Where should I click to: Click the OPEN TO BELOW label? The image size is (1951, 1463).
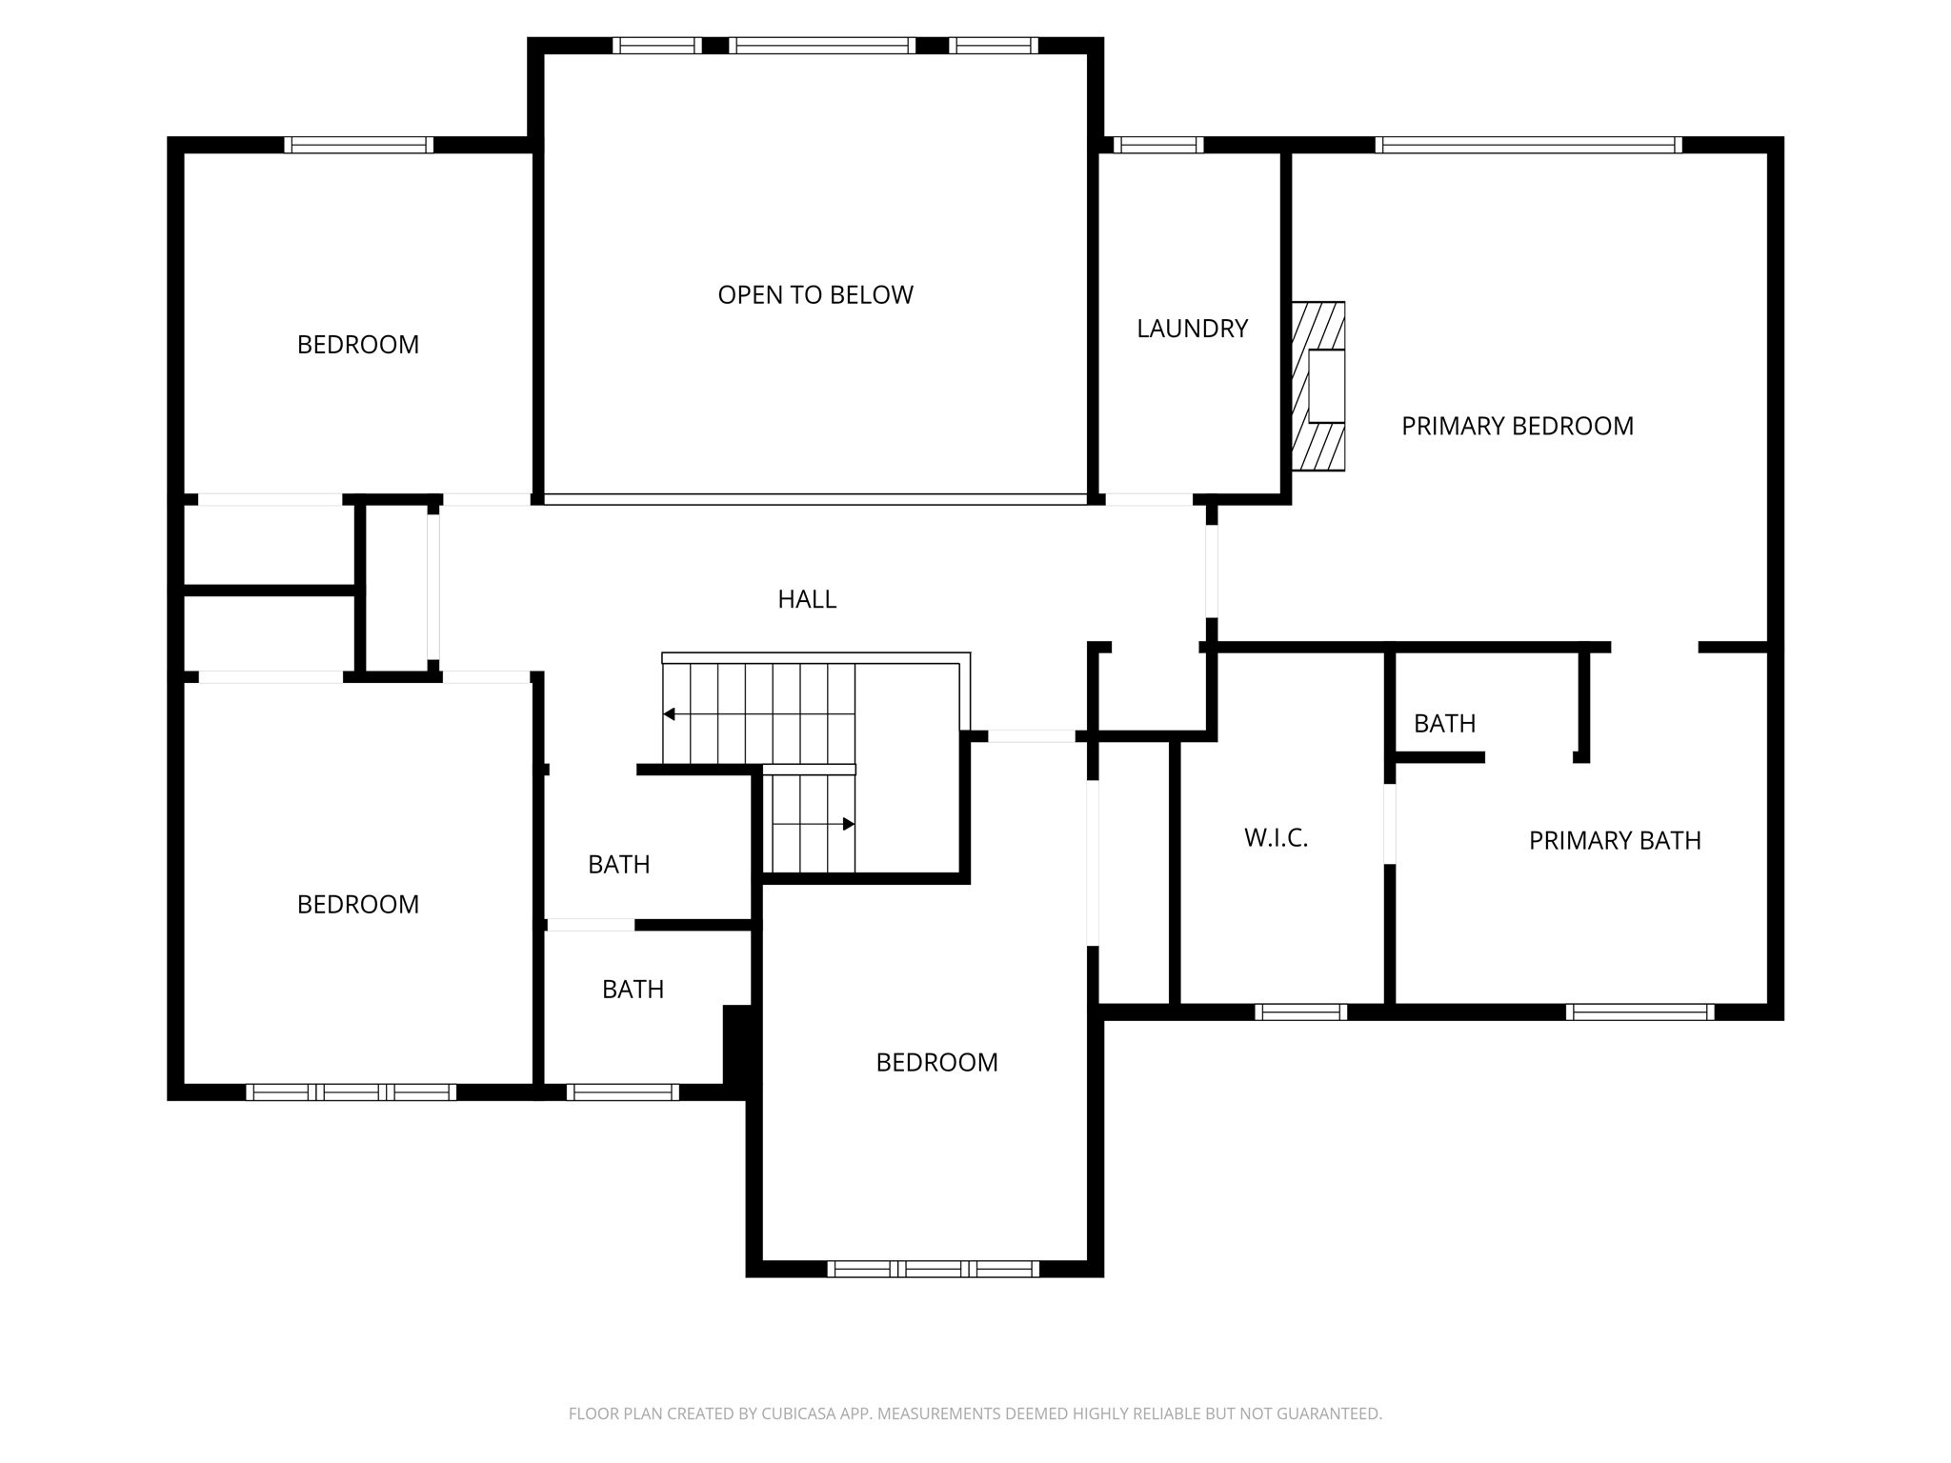click(x=815, y=295)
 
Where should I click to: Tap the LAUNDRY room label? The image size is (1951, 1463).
click(x=1192, y=329)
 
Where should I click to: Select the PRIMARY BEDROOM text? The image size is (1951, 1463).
click(x=1517, y=426)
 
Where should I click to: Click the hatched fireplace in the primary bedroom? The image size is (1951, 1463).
click(x=1317, y=386)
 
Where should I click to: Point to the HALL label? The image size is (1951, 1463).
click(x=807, y=599)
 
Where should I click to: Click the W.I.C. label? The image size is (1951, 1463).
click(x=1276, y=838)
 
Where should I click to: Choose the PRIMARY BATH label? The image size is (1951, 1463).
click(x=1614, y=840)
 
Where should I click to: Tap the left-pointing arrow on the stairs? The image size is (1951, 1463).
click(x=670, y=714)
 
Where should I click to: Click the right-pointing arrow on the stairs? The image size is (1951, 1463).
click(x=849, y=824)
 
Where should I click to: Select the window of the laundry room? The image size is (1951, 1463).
click(x=1157, y=145)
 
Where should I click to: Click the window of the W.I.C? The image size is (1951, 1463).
click(x=1300, y=1012)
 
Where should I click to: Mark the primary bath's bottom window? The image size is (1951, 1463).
click(x=1639, y=1012)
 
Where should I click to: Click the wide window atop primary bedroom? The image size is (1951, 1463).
click(x=1528, y=145)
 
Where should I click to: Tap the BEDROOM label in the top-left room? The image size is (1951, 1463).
click(x=357, y=345)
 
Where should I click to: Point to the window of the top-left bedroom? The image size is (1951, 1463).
click(x=358, y=145)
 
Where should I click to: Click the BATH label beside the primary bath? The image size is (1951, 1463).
click(x=1444, y=724)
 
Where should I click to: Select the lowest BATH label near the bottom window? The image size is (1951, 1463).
click(x=633, y=990)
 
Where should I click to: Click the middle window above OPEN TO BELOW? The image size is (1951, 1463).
click(x=822, y=45)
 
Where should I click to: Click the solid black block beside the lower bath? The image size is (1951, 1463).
click(x=738, y=1044)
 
